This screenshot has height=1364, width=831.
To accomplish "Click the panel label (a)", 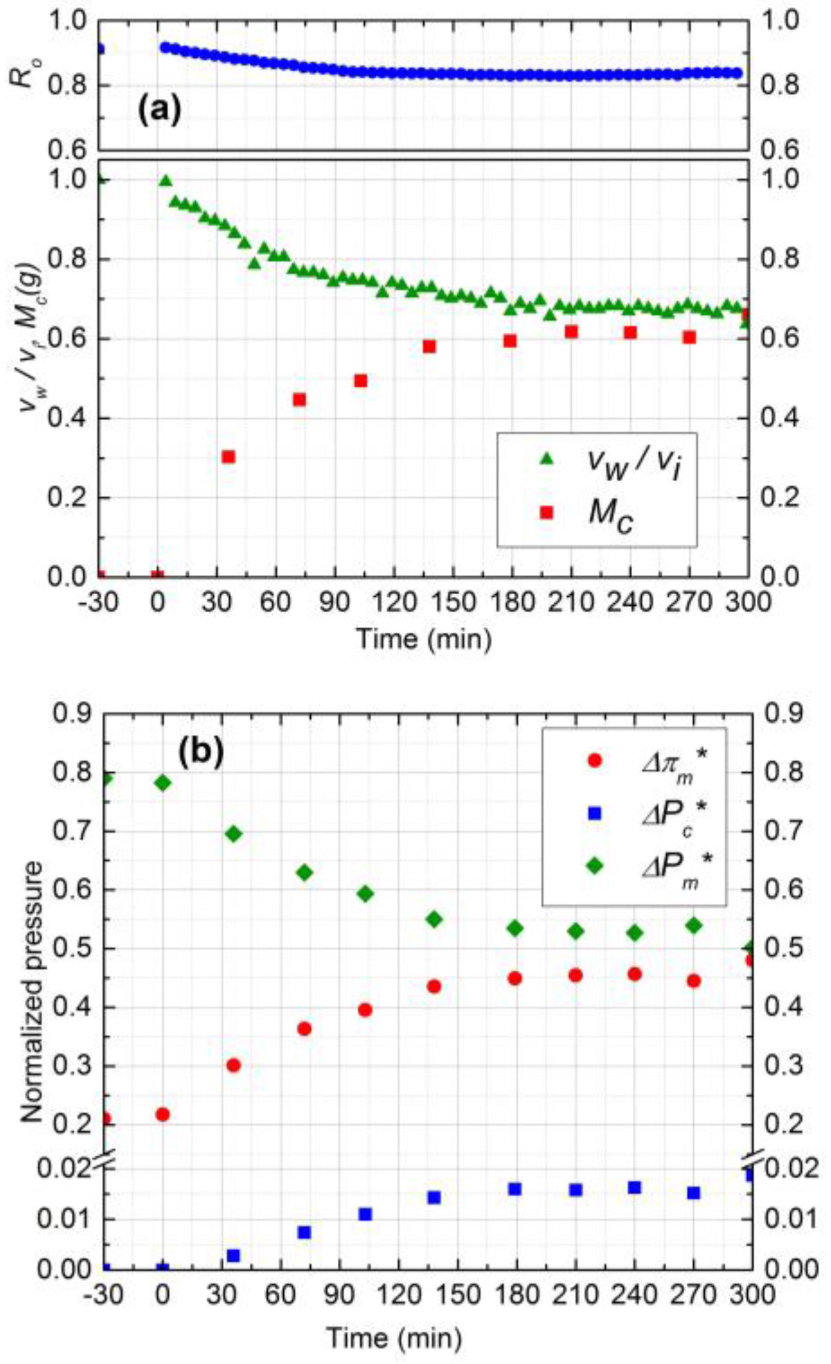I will (x=159, y=111).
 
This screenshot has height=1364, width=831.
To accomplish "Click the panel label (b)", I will (x=201, y=752).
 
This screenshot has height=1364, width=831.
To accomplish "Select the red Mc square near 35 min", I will (x=228, y=457).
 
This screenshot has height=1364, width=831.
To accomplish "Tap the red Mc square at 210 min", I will (x=571, y=332).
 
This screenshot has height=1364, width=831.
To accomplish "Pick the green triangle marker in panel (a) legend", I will (x=545, y=459).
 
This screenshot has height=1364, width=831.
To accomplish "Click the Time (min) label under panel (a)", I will (x=424, y=639).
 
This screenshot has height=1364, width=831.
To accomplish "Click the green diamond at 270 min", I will (x=694, y=925).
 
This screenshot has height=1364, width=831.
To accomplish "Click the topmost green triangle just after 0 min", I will (x=166, y=180).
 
